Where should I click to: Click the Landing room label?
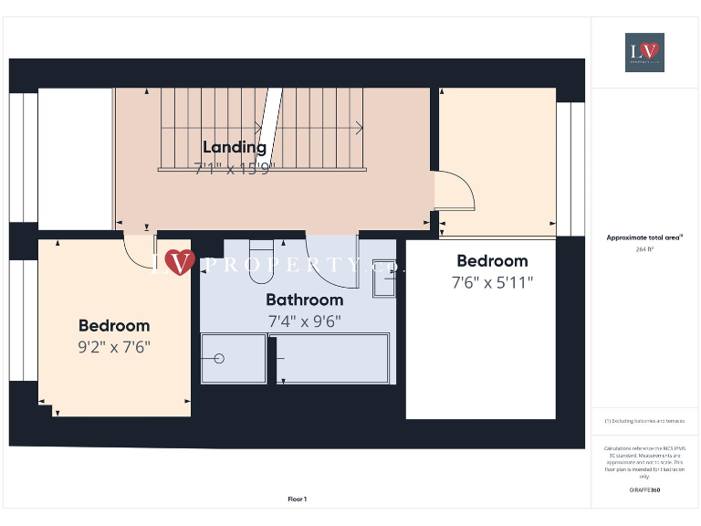tap(235, 147)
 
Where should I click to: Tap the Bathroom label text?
tap(305, 300)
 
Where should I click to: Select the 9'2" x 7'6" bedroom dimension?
tap(114, 347)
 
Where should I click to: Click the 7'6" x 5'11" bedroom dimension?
tap(492, 282)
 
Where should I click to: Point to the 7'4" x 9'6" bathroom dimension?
tap(305, 321)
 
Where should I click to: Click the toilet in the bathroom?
tap(261, 250)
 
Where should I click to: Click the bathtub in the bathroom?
tap(332, 358)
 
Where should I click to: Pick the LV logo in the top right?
tap(644, 52)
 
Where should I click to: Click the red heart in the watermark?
tap(180, 263)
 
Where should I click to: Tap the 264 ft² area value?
tap(644, 248)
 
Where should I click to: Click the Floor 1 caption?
tap(298, 499)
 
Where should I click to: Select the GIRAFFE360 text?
tap(644, 490)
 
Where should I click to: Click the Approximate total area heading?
tap(643, 237)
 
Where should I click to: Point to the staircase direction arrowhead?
tap(360, 128)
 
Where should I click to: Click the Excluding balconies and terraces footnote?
tap(644, 421)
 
